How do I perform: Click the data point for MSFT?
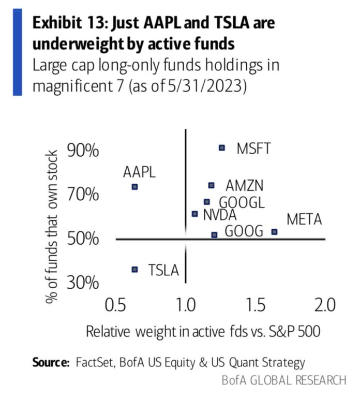click(222, 147)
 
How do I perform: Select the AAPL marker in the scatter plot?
click(135, 187)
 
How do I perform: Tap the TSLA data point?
click(135, 269)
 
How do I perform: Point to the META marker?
click(274, 232)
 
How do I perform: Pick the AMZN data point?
click(211, 185)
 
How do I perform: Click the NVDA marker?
click(194, 214)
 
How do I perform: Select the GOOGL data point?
click(207, 202)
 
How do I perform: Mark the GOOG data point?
click(214, 235)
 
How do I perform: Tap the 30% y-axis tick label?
click(83, 283)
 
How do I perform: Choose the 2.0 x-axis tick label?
click(325, 304)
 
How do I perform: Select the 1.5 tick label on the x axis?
click(256, 304)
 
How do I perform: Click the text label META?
click(305, 219)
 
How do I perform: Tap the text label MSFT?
click(253, 149)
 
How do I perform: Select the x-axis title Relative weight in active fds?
click(203, 331)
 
